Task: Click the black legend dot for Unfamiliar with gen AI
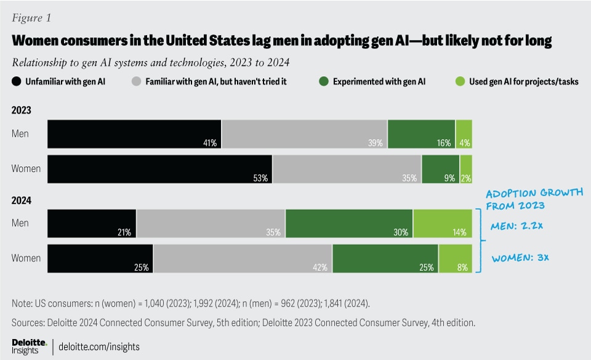point(17,81)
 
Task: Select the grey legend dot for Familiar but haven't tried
point(137,81)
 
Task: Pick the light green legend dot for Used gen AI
point(460,81)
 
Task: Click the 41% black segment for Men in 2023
point(134,134)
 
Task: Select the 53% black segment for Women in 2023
point(160,169)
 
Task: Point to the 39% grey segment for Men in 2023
point(304,134)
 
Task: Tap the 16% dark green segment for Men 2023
point(421,134)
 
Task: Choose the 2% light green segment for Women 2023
point(466,169)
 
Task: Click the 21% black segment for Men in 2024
point(92,223)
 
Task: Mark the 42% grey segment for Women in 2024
point(243,258)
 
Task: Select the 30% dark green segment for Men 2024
point(349,223)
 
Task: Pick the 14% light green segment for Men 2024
point(443,223)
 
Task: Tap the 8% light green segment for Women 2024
point(456,258)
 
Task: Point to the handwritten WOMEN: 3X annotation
point(520,257)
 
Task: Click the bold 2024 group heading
point(21,201)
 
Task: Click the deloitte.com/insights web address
point(98,346)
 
